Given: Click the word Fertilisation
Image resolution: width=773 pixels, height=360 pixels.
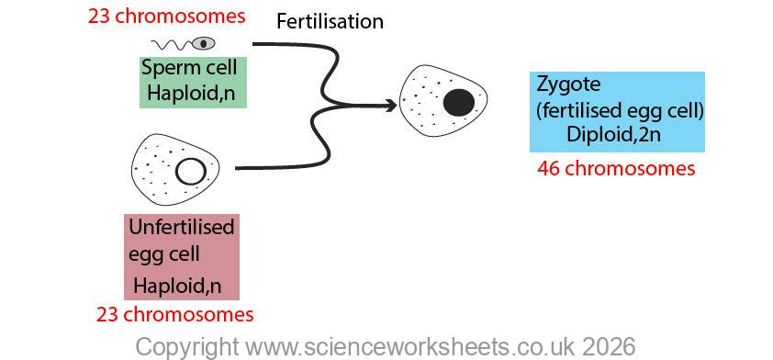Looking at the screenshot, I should [x=330, y=21].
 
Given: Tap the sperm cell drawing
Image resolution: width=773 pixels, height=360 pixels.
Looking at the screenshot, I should [x=183, y=43].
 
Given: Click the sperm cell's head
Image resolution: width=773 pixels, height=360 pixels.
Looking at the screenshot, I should [x=204, y=43].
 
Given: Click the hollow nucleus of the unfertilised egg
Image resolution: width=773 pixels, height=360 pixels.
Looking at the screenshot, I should [x=191, y=171].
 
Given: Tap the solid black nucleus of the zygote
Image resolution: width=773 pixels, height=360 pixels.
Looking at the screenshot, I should [x=458, y=103].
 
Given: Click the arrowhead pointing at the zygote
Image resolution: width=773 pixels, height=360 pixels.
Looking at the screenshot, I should [x=392, y=106].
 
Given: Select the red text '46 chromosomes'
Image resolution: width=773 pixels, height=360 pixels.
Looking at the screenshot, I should [x=616, y=168].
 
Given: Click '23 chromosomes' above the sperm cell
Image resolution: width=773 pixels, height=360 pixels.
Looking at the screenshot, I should [x=166, y=16].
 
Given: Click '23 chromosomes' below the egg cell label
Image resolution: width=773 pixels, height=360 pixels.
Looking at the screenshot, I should [x=174, y=315].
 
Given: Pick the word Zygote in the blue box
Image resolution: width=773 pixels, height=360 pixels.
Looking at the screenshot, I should [x=568, y=85].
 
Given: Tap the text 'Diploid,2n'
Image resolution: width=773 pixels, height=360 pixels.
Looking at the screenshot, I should [x=614, y=134].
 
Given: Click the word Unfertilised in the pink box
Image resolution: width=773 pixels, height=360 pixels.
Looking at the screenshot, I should [x=181, y=227].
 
